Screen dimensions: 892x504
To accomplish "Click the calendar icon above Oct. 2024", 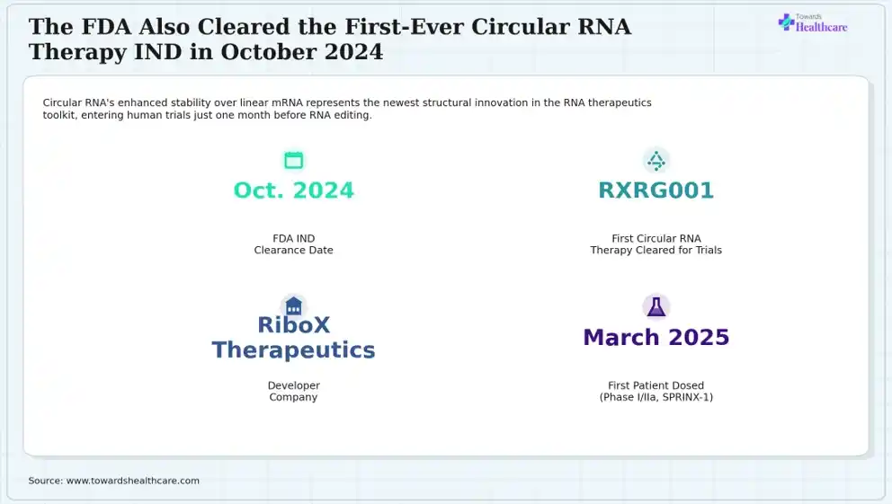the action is (x=293, y=160).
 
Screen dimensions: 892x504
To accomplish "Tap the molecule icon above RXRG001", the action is (x=656, y=161).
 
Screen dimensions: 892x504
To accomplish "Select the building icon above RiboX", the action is (x=293, y=306).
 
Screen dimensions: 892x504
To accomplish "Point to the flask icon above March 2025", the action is (x=656, y=307).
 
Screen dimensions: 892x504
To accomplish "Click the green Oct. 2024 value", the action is (x=293, y=190).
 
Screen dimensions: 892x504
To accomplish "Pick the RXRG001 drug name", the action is (x=656, y=190).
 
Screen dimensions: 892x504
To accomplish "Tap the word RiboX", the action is (x=293, y=325).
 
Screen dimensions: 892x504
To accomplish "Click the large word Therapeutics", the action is (x=293, y=350).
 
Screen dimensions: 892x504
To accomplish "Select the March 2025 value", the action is (x=656, y=338).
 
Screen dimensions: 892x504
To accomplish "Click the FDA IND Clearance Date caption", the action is (x=293, y=244).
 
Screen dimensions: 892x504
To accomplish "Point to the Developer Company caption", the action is (x=293, y=391).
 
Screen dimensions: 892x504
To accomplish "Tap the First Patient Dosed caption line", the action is (x=656, y=385).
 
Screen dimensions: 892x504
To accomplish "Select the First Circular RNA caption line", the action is (x=656, y=239).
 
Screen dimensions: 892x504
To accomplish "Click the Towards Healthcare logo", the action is (x=812, y=22).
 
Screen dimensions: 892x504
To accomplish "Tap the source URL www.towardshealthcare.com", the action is (x=132, y=481).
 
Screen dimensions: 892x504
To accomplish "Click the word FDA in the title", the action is (x=106, y=27).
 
